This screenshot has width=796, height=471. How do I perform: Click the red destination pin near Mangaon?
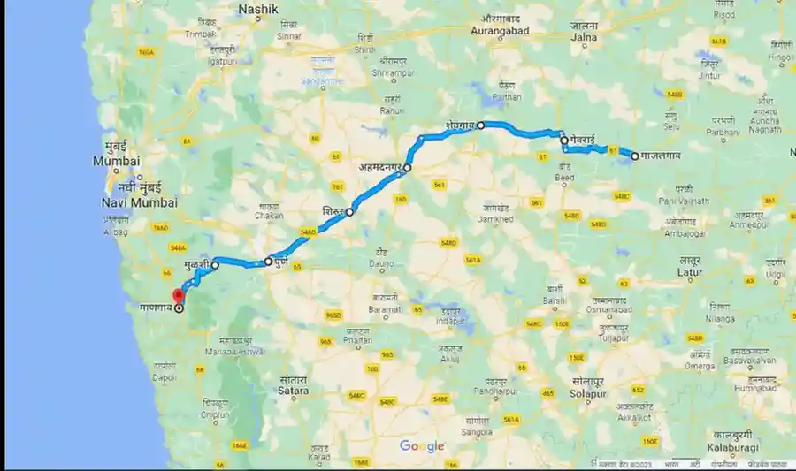click(x=178, y=294)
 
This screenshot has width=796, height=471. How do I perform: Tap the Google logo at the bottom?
click(x=421, y=446)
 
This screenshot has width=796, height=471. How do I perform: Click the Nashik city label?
click(x=258, y=9)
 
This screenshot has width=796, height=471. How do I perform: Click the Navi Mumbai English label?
click(x=140, y=202)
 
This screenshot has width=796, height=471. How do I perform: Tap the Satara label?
click(x=292, y=390)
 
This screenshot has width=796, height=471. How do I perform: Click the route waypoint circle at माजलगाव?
click(x=635, y=156)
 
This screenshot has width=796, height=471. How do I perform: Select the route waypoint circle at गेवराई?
click(x=563, y=141)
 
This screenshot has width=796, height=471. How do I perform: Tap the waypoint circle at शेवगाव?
click(x=481, y=125)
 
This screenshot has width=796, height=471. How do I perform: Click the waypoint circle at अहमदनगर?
click(x=408, y=167)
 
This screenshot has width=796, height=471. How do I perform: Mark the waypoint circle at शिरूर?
click(x=350, y=212)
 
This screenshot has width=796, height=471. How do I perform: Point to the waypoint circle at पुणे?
click(x=268, y=262)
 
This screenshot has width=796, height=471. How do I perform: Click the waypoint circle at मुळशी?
click(x=215, y=264)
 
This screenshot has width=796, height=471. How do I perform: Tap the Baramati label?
click(x=387, y=309)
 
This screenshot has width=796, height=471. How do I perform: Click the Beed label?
click(x=567, y=178)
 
